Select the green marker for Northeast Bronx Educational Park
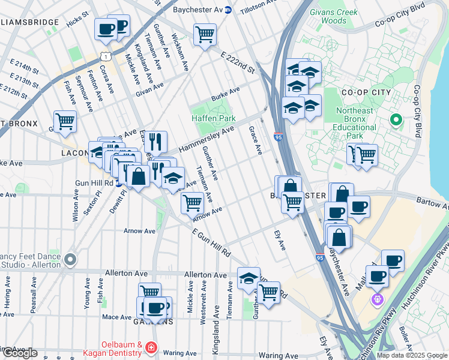coord(396,119)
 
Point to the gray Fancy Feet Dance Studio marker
coord(70,260)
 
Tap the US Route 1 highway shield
coord(106,56)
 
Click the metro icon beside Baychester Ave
coord(228,10)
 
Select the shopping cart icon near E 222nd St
coord(205,34)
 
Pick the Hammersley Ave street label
coord(206,140)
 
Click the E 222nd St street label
coord(237,63)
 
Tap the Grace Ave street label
coord(255,140)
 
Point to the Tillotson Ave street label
coord(261,9)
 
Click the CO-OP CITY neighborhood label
coord(366,93)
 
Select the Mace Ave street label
coord(116,317)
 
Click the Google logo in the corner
coord(20,353)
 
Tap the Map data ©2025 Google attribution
coord(411,355)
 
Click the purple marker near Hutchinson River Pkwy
coord(377,299)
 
